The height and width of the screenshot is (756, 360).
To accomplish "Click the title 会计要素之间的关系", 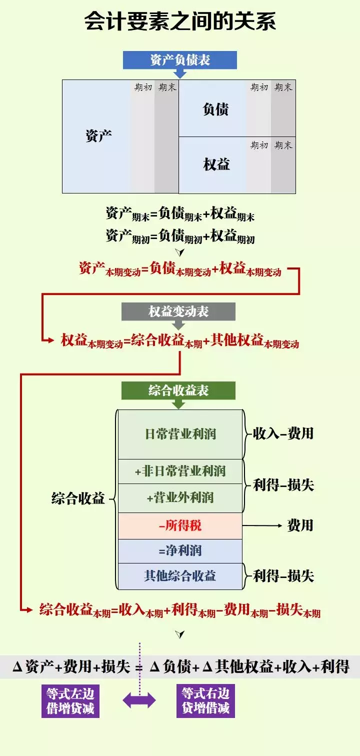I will tap(180, 22).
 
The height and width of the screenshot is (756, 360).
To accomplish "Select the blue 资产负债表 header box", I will tap(180, 60).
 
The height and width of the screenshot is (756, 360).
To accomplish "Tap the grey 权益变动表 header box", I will tap(178, 312).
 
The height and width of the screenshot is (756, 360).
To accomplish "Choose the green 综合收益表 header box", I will tap(178, 390).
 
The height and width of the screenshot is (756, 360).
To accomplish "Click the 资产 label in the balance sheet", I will tap(98, 136).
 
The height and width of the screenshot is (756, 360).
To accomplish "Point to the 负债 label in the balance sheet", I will tap(215, 109).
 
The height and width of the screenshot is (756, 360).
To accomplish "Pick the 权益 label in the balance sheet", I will tap(216, 164).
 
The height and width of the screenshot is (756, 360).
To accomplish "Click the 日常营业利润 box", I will tap(180, 434).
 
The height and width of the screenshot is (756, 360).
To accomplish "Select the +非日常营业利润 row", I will tap(180, 471).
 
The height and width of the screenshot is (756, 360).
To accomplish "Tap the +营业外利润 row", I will tap(180, 498).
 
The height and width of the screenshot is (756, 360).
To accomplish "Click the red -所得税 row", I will tap(180, 525).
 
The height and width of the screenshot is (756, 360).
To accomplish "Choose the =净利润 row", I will tap(180, 551).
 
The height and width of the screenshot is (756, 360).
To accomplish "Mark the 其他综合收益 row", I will tap(180, 576).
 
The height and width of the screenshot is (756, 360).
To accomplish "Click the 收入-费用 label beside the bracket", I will tap(283, 433).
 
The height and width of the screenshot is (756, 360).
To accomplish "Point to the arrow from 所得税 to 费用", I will tap(262, 525).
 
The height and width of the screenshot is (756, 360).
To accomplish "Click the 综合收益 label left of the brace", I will tap(78, 498).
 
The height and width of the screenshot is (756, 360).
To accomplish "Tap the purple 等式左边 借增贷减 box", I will tap(70, 701).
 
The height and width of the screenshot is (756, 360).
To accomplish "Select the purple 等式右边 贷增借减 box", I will tap(205, 701).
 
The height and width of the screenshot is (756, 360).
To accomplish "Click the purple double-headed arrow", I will tap(139, 701).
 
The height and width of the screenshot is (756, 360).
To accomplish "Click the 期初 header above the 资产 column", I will tap(143, 87).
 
